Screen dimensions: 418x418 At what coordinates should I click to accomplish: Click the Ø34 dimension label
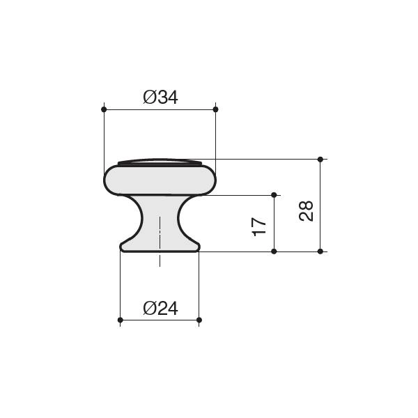click(x=160, y=98)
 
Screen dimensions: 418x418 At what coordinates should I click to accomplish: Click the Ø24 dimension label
click(x=160, y=309)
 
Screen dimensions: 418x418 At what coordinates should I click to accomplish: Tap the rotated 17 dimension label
click(x=259, y=227)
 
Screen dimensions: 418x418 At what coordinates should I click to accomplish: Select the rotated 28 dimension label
click(x=306, y=210)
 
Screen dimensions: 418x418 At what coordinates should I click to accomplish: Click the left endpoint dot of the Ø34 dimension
click(x=104, y=109)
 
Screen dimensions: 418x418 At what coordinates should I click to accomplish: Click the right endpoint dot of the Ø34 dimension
click(x=216, y=109)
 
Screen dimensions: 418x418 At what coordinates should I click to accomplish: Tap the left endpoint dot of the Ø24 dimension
click(x=121, y=320)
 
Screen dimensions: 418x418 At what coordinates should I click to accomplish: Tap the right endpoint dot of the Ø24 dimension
click(x=199, y=320)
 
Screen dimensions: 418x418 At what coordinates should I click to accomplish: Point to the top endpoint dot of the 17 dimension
click(x=274, y=195)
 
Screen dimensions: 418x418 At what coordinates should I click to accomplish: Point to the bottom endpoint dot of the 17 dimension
click(x=274, y=251)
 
